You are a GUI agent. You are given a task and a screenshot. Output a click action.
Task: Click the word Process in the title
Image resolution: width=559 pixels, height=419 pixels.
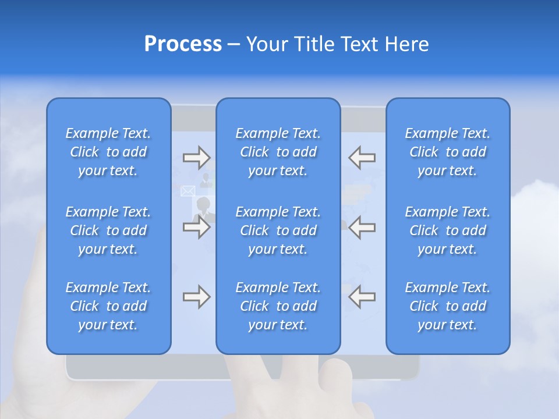click(x=183, y=44)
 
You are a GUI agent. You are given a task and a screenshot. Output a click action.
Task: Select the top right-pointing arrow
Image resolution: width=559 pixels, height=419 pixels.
click(x=196, y=157)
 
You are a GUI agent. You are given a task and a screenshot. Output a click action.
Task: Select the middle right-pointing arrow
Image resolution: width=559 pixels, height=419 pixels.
click(x=196, y=227)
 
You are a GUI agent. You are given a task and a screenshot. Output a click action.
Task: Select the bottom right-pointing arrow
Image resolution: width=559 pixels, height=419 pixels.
click(x=196, y=297)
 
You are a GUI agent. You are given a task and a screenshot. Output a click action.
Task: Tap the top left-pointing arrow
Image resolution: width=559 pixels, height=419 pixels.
click(x=362, y=157)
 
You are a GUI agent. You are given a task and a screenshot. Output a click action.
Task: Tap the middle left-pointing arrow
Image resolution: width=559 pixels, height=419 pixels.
click(x=362, y=227)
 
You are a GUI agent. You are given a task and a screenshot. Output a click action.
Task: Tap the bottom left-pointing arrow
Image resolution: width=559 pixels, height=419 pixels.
click(x=362, y=297)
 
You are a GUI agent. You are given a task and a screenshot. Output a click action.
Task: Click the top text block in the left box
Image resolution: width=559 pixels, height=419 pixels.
click(x=108, y=152)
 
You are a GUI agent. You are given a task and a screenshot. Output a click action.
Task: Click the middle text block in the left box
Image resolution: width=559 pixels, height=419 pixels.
click(x=108, y=230)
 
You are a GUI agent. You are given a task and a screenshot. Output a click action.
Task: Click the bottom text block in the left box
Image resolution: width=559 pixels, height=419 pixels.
click(x=108, y=306)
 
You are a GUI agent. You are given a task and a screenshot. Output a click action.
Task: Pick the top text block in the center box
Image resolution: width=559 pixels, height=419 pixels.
click(x=278, y=152)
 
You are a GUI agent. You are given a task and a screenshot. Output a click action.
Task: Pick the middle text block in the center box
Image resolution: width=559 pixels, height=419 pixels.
click(x=278, y=230)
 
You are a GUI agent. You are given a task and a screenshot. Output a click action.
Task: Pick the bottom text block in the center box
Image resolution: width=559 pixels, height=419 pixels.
click(x=278, y=306)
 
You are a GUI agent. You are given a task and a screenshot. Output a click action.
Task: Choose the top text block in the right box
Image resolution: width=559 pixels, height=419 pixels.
click(x=447, y=152)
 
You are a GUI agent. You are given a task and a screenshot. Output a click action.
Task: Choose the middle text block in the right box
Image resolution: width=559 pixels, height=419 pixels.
click(x=447, y=230)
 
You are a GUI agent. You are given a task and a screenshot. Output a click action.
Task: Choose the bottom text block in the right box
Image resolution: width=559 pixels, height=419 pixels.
click(x=447, y=306)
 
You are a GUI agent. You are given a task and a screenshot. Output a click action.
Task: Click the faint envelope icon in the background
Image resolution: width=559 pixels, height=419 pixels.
click(x=187, y=191)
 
